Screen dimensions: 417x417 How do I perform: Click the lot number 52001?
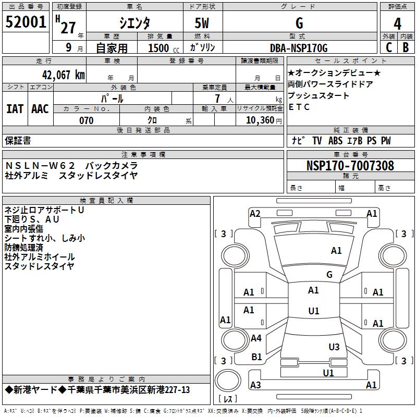(26, 23)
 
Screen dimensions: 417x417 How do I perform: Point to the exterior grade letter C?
(388, 47)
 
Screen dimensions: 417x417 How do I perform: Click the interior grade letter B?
(406, 47)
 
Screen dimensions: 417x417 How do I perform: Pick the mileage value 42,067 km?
(61, 75)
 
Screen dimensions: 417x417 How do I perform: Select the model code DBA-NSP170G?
(299, 48)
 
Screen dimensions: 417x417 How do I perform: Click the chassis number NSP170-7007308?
(350, 166)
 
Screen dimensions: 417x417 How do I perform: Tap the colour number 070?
(86, 120)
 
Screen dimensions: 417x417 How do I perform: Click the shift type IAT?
(15, 108)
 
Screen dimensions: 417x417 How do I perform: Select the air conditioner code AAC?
(40, 108)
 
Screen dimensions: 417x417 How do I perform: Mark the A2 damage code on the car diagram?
(255, 213)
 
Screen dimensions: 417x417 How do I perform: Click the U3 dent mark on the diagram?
(334, 347)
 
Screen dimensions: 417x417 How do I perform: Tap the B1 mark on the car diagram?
(256, 357)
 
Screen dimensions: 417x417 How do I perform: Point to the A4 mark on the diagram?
(256, 338)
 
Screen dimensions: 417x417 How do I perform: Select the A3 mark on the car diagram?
(255, 385)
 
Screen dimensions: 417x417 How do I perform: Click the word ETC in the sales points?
(299, 107)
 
